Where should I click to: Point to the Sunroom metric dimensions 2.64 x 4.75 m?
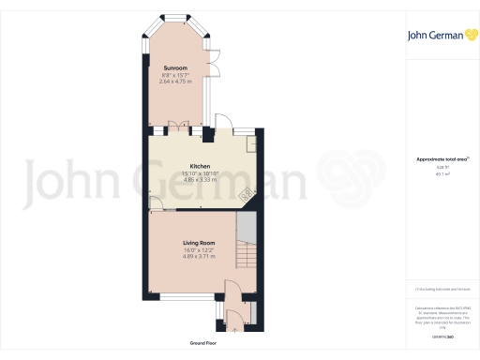[x=178, y=82]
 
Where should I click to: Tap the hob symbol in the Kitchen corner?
[x=247, y=195]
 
